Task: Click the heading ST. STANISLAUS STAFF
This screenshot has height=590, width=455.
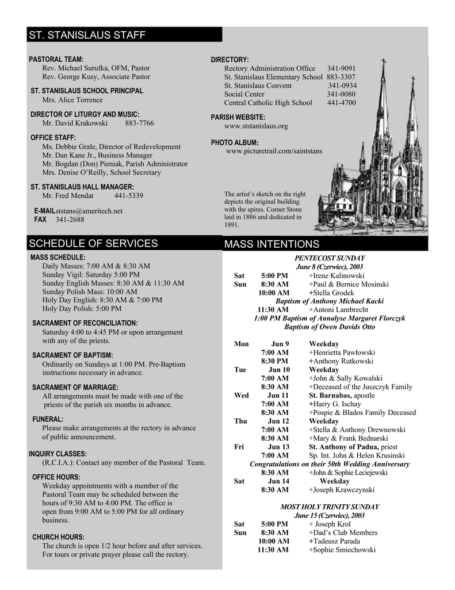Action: [x=87, y=35]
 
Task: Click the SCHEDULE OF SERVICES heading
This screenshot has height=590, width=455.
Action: [x=93, y=243]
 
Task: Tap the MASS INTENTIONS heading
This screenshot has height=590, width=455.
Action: [x=272, y=244]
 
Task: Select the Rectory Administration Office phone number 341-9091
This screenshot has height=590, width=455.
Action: [x=342, y=68]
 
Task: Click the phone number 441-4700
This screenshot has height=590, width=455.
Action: [x=342, y=103]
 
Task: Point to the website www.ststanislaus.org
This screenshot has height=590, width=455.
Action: [x=256, y=126]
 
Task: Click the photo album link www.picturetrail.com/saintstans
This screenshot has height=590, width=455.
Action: [x=274, y=151]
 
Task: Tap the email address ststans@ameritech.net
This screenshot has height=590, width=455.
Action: [x=89, y=211]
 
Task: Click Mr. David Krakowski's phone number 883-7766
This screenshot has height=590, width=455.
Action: [x=139, y=123]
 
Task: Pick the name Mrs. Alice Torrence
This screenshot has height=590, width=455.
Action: [x=72, y=100]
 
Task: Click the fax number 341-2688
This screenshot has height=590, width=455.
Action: [x=70, y=220]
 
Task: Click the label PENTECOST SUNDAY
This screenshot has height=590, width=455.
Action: [x=330, y=258]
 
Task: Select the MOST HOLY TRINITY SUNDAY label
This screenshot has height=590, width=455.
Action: [x=330, y=506]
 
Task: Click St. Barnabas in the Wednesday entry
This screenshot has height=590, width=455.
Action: [x=330, y=395]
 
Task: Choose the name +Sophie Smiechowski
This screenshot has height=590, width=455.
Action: [x=342, y=550]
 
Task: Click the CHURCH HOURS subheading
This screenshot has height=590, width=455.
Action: [x=58, y=537]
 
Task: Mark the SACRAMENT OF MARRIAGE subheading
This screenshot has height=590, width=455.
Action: [x=75, y=387]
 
